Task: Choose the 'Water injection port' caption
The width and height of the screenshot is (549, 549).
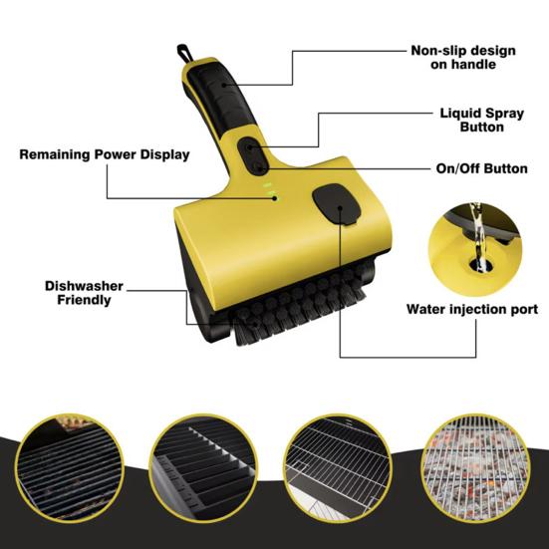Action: tap(471, 310)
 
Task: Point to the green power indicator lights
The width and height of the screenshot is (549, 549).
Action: tap(267, 188)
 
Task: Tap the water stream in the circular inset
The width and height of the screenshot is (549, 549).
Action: tap(478, 234)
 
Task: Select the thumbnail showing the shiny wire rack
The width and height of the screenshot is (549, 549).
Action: tap(332, 463)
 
